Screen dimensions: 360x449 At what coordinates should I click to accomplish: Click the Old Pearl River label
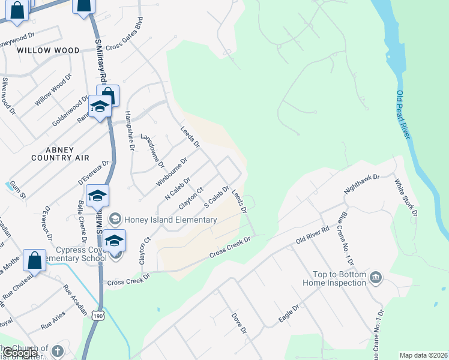pyautogui.click(x=403, y=115)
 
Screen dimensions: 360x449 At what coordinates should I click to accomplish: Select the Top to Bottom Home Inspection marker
pyautogui.click(x=376, y=277)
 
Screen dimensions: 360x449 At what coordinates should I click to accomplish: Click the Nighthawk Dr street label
pyautogui.click(x=362, y=184)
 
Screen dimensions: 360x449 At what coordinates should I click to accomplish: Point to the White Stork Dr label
pyautogui.click(x=406, y=197)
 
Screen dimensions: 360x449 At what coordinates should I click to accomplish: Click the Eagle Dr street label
pyautogui.click(x=288, y=314)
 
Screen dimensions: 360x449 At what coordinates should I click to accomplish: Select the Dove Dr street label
pyautogui.click(x=239, y=322)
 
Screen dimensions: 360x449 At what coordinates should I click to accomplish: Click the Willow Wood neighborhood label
pyautogui.click(x=48, y=50)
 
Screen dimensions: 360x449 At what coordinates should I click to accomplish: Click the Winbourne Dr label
pyautogui.click(x=172, y=172)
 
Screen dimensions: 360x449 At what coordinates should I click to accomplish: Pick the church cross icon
pyautogui.click(x=57, y=350)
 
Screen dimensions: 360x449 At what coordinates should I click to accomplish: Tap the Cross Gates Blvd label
pyautogui.click(x=125, y=38)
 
